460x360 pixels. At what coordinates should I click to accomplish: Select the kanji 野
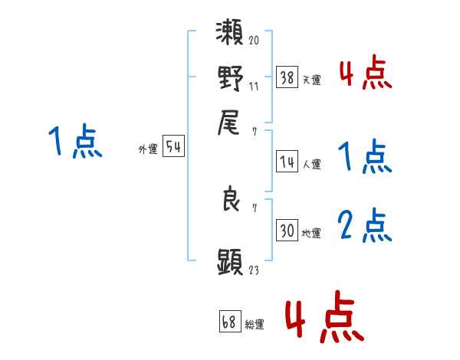[231, 78]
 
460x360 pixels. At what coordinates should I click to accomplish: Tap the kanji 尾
[231, 121]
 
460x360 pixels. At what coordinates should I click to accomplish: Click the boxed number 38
[287, 77]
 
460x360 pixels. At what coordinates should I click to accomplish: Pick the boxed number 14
[287, 162]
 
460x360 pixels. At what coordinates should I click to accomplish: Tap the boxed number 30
[287, 231]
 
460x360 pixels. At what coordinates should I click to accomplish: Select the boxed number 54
[173, 148]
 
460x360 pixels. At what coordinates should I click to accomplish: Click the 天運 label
[311, 80]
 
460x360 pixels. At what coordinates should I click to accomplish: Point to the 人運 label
[311, 164]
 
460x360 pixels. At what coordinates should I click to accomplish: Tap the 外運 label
[147, 150]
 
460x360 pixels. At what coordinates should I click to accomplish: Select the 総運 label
[254, 325]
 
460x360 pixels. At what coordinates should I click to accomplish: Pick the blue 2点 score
[365, 226]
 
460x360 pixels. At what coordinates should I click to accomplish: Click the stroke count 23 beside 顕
[254, 270]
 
